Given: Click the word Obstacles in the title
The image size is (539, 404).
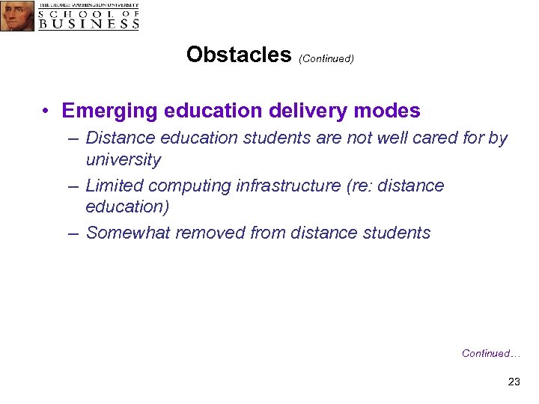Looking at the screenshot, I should (x=239, y=55).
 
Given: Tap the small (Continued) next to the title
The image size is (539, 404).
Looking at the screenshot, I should (x=326, y=58).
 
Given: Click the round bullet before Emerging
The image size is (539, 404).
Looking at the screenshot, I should (x=46, y=111).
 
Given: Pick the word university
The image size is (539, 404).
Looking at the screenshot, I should (x=124, y=159).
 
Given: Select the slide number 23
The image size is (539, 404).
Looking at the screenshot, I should (x=514, y=382).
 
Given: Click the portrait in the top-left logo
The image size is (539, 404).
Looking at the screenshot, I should (x=16, y=15).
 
